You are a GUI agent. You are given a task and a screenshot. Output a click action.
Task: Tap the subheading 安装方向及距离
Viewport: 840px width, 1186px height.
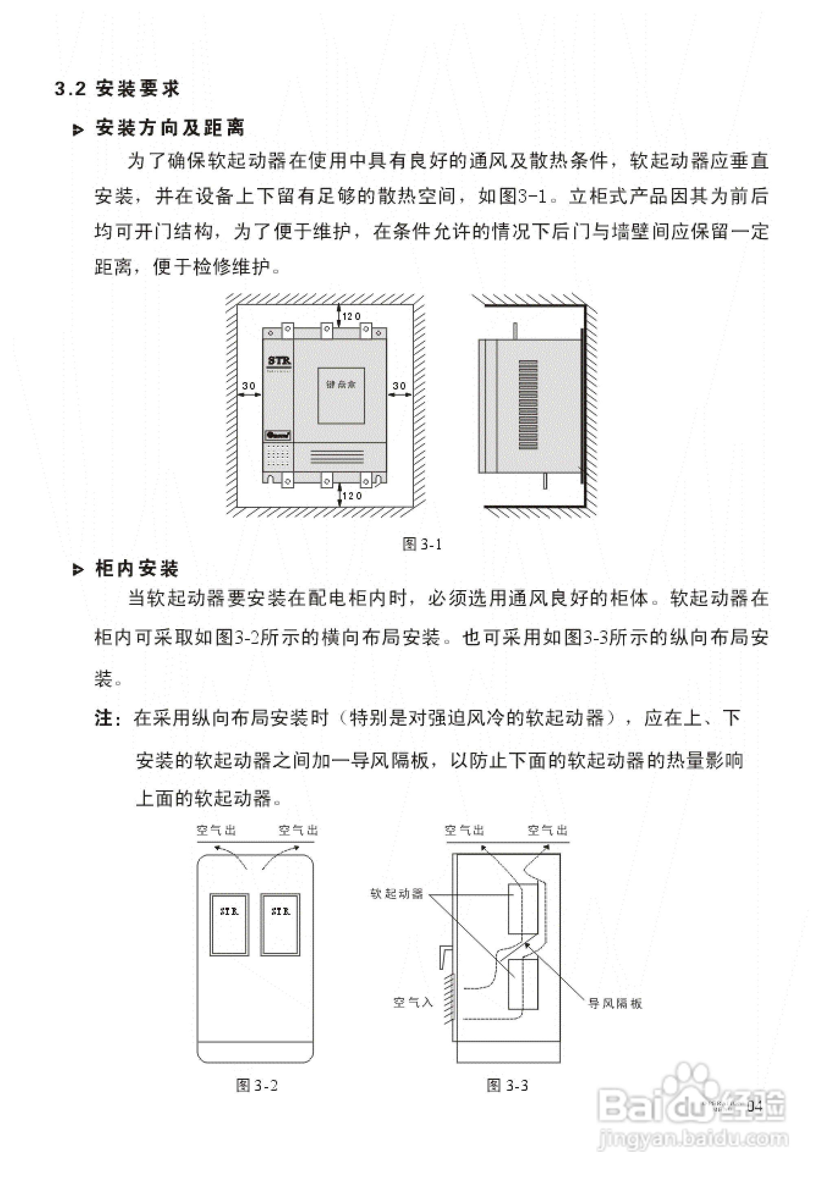[170, 128]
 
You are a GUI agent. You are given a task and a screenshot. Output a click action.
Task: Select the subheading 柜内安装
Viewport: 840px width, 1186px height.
[137, 569]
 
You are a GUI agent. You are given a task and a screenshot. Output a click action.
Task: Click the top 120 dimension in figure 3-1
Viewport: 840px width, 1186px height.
[351, 316]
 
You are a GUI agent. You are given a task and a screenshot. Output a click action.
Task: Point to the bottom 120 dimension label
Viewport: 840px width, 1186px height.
[352, 495]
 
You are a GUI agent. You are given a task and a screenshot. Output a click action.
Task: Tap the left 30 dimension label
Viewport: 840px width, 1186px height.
[249, 386]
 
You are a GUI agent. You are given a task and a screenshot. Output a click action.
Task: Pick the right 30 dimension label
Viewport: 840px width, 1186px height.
[399, 386]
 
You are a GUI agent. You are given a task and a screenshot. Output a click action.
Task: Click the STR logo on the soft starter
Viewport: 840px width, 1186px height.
[279, 361]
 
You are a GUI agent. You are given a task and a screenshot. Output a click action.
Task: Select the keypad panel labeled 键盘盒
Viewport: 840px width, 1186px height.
[341, 395]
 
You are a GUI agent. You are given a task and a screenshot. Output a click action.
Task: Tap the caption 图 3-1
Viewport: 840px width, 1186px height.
[422, 544]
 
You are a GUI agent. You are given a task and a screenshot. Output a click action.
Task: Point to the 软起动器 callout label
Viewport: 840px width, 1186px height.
[397, 894]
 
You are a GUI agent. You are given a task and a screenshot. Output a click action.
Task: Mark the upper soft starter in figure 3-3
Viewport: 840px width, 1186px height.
[523, 909]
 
